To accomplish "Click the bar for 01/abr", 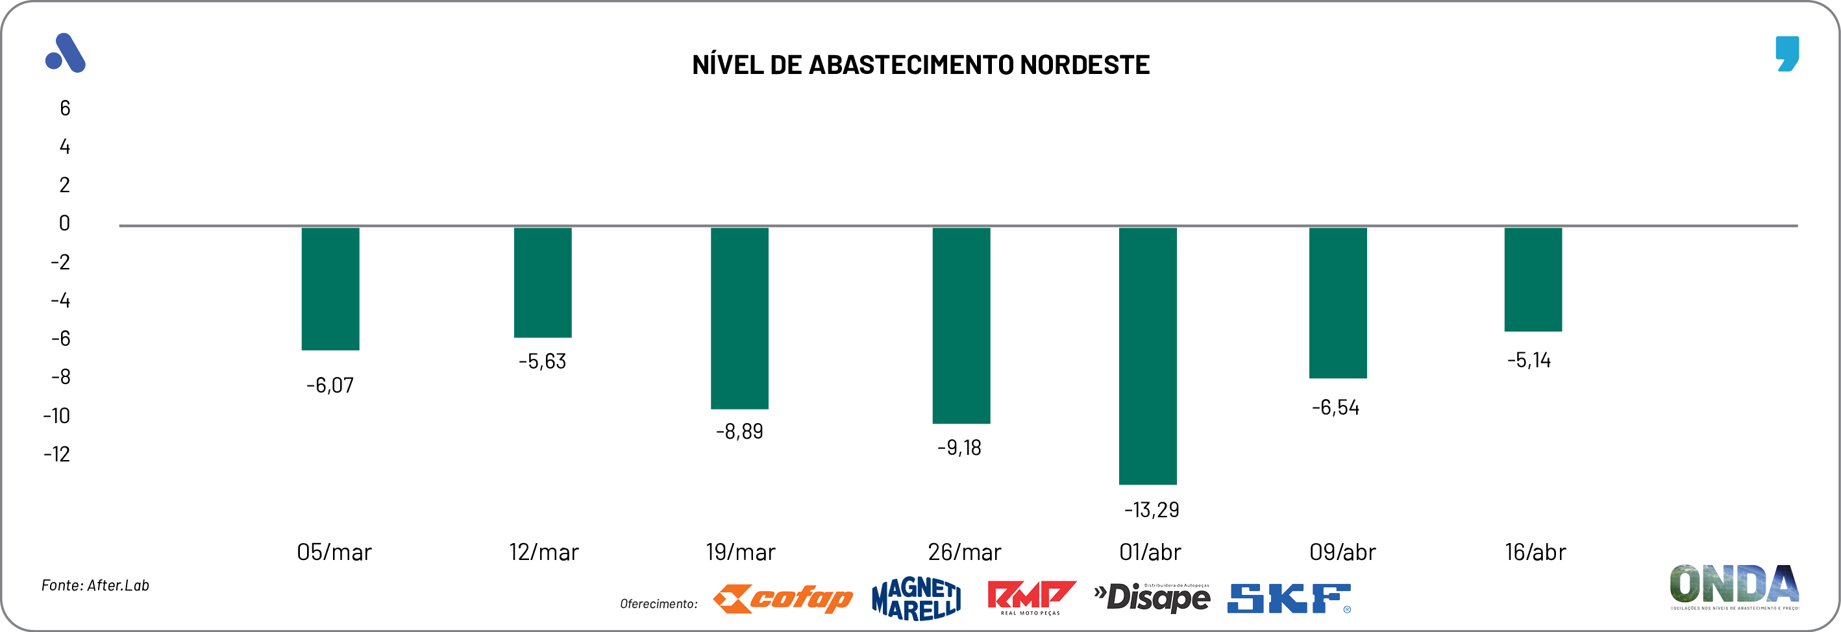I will (1147, 356).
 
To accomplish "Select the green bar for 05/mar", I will (330, 289).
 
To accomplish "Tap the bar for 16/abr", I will (1533, 279).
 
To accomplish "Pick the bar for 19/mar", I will (739, 318).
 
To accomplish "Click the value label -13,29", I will (1152, 510).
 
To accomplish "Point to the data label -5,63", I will (543, 361).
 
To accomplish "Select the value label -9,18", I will (959, 448).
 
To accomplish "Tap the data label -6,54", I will (1335, 407).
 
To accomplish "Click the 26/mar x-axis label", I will (964, 552).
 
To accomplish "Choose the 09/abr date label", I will (1342, 552).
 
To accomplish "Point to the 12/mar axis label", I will (543, 552).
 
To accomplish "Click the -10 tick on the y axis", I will (56, 416).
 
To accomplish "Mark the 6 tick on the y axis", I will (65, 108).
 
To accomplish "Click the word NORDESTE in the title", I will (1084, 65).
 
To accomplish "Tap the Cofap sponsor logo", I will (784, 598).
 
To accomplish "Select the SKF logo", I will (1289, 598).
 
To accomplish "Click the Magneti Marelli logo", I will (916, 598).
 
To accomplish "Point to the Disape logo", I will (1152, 598).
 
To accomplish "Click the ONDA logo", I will (1734, 585).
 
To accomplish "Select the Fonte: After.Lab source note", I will (95, 585).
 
